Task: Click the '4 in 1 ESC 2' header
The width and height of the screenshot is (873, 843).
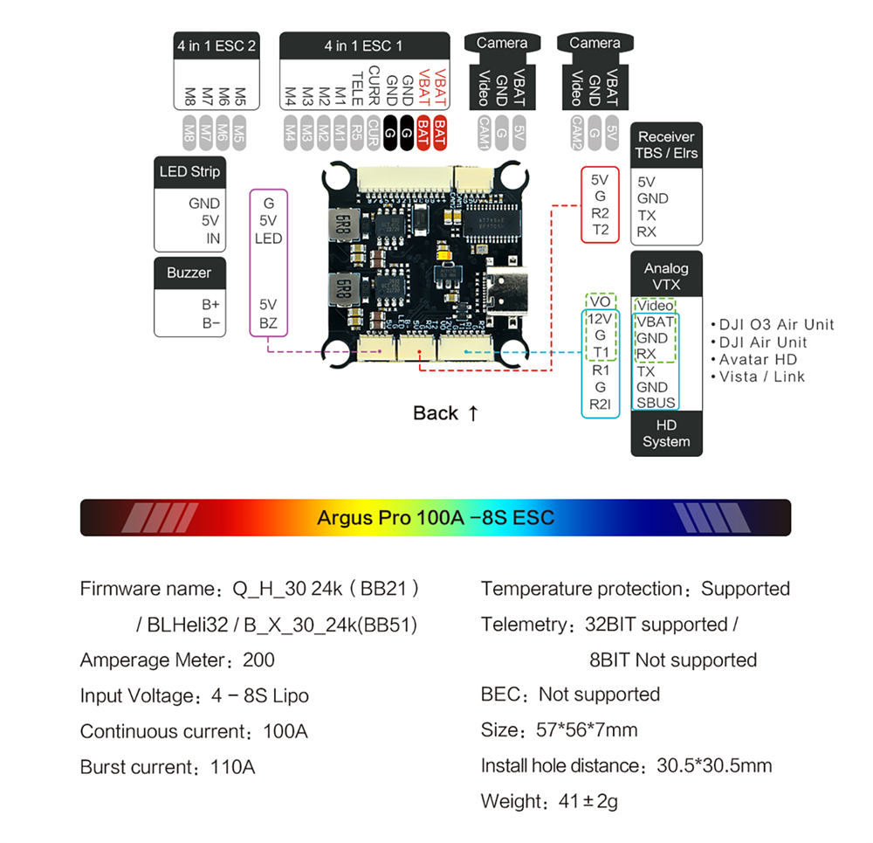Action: pyautogui.click(x=217, y=45)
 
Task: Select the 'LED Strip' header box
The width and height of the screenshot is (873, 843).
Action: pyautogui.click(x=189, y=171)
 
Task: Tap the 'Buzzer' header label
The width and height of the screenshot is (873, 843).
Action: pyautogui.click(x=189, y=273)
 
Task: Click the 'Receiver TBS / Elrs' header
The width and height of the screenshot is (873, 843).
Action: pyautogui.click(x=666, y=144)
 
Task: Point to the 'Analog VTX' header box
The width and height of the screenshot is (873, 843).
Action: pyautogui.click(x=666, y=276)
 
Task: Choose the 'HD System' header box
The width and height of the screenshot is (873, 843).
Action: pyautogui.click(x=666, y=433)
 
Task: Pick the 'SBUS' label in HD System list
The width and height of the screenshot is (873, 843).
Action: pyautogui.click(x=656, y=403)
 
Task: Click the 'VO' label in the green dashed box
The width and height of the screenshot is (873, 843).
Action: pyautogui.click(x=600, y=301)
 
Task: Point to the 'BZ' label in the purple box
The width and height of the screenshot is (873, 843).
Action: pyautogui.click(x=268, y=323)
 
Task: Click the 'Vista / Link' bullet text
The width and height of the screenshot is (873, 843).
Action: pyautogui.click(x=762, y=377)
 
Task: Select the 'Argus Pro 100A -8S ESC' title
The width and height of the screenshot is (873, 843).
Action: pyautogui.click(x=435, y=517)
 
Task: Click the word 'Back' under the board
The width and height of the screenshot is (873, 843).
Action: pyautogui.click(x=436, y=413)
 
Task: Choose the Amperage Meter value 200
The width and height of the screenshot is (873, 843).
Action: pyautogui.click(x=259, y=660)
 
